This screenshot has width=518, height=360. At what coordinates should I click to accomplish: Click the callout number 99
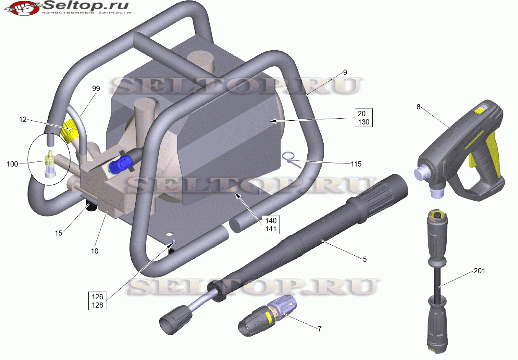[x=96, y=88]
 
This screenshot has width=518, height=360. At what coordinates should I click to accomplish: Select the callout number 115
[x=356, y=164]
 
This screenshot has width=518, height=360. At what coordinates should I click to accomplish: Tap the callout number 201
[x=479, y=271]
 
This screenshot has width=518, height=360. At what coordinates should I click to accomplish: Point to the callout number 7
[x=320, y=329]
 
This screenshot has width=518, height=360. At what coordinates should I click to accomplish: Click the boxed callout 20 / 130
[x=363, y=117]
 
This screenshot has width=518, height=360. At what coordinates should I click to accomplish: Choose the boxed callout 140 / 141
[x=271, y=225]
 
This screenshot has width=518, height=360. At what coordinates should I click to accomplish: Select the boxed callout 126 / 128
[x=97, y=301]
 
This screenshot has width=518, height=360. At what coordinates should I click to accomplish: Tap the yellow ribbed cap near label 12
[x=70, y=130]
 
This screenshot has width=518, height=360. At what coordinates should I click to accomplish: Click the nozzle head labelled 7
[x=268, y=316]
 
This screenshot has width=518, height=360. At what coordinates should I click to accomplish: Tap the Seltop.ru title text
[x=86, y=5]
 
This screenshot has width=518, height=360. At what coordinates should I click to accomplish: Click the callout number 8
[x=418, y=107]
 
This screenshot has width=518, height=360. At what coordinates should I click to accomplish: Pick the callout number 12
[x=23, y=119]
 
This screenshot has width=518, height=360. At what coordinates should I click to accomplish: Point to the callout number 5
[x=365, y=259]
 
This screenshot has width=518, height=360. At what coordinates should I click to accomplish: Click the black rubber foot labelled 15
[x=90, y=207]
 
